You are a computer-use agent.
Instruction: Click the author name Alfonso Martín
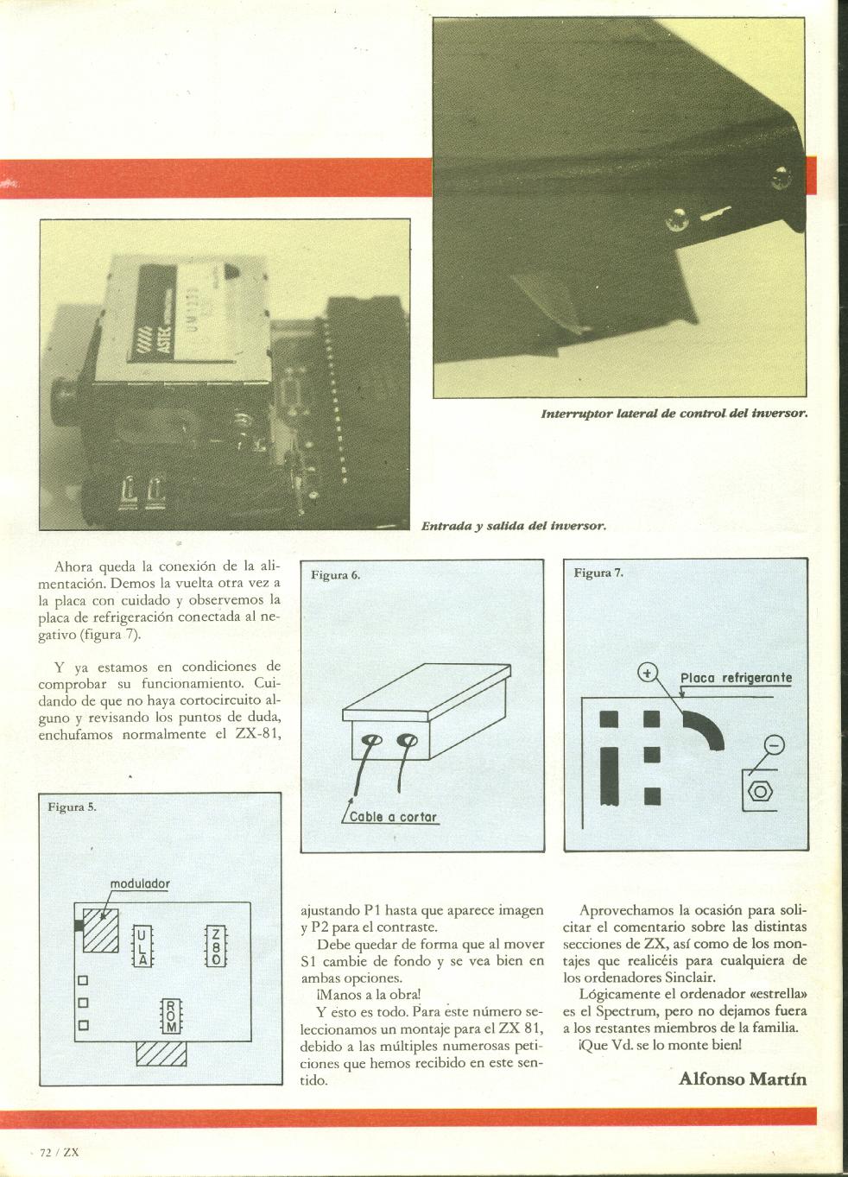pyautogui.click(x=743, y=1078)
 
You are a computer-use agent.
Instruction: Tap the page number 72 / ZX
pyautogui.click(x=60, y=1152)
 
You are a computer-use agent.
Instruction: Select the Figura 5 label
pyautogui.click(x=72, y=807)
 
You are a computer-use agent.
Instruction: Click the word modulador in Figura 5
pyautogui.click(x=140, y=883)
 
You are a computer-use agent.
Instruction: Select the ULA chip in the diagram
pyautogui.click(x=141, y=945)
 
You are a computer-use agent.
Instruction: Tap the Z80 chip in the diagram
pyautogui.click(x=215, y=945)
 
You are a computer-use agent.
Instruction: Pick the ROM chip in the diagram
pyautogui.click(x=171, y=1016)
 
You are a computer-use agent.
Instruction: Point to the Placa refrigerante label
pyautogui.click(x=736, y=677)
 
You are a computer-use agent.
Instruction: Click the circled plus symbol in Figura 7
pyautogui.click(x=647, y=672)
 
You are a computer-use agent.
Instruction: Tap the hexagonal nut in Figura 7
pyautogui.click(x=760, y=790)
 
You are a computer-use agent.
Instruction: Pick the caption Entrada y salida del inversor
pyautogui.click(x=513, y=525)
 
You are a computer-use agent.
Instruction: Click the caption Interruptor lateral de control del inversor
pyautogui.click(x=674, y=413)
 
